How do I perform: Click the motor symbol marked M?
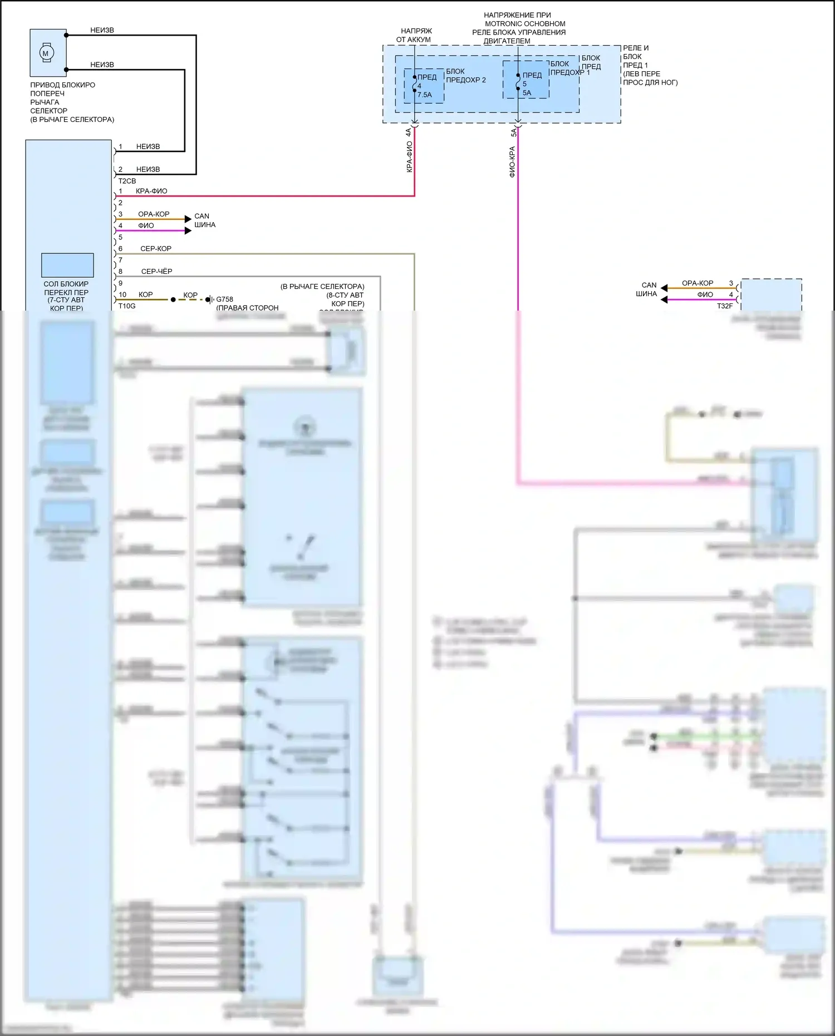coord(46,53)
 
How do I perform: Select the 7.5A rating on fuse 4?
coord(425,95)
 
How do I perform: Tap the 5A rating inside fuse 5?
coord(527,93)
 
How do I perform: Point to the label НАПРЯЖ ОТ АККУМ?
coord(415,35)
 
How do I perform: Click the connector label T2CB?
coord(127,181)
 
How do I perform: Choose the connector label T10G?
coord(127,306)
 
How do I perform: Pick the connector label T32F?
coord(725,306)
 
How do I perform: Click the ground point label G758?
coord(225,299)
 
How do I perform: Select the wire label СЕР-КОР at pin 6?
coord(156,249)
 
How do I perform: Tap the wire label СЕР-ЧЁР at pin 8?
coord(156,272)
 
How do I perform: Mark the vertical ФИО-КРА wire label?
coord(512,162)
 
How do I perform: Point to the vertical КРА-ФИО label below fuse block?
coord(409,156)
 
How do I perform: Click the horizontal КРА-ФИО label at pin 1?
coord(151,191)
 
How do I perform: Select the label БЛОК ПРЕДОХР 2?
coord(465,76)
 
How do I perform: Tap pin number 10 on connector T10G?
coord(122,294)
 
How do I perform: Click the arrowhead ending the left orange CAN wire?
coord(188,219)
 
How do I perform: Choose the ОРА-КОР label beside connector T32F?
coord(698,283)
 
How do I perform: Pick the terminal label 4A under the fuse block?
coord(408,132)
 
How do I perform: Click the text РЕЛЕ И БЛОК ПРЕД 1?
coord(635,56)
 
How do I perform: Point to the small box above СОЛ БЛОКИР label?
coord(67,265)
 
